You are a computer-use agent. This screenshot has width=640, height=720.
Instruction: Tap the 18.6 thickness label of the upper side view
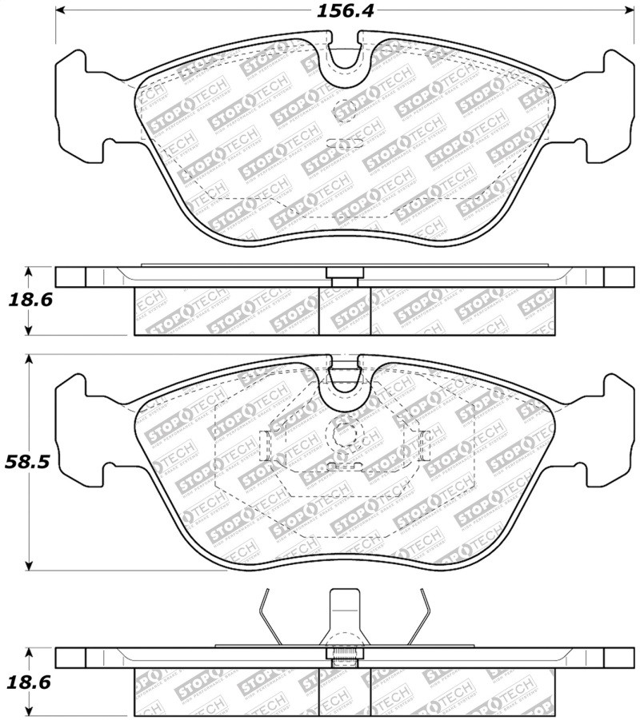coord(30,300)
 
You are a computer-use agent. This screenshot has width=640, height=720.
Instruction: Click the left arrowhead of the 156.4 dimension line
coord(61,10)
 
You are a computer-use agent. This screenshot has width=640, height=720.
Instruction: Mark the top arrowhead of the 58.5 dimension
coord(29,360)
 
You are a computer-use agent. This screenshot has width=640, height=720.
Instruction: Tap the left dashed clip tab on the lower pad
coord(267,444)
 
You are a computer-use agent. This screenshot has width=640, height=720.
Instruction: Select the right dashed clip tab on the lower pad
coord(425,444)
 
